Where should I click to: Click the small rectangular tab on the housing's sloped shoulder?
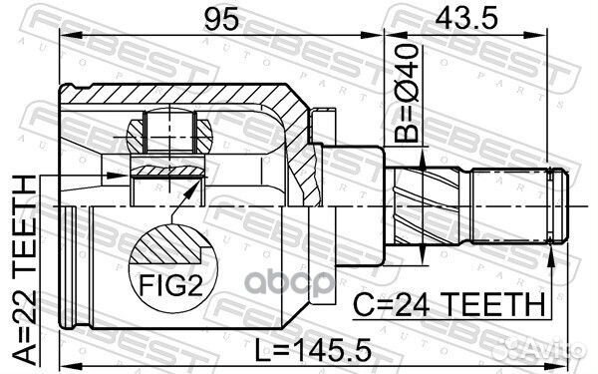318,127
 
